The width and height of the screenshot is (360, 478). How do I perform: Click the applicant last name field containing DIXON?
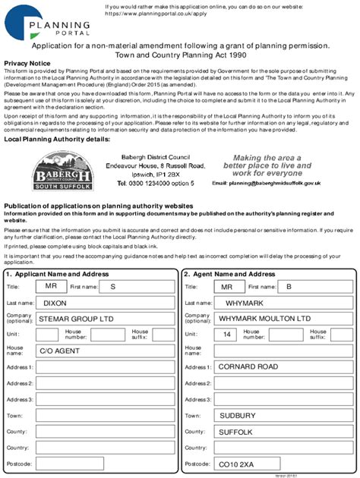click(106, 303)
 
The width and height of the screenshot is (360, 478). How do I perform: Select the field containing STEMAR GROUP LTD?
click(106, 319)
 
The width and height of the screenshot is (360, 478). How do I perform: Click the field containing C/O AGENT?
click(106, 351)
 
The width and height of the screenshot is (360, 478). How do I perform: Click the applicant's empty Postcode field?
click(106, 464)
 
